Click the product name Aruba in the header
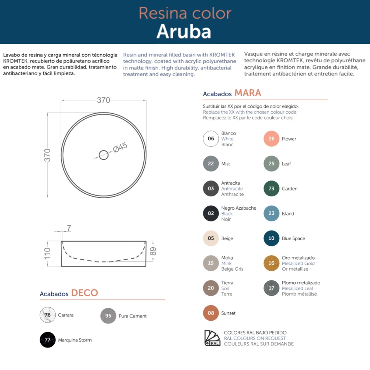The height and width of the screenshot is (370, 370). [184, 31]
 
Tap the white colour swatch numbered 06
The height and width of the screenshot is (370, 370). [211, 139]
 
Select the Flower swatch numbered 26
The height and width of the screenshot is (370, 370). [271, 139]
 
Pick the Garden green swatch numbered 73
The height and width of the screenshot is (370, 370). [271, 188]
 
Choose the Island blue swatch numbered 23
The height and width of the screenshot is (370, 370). [271, 213]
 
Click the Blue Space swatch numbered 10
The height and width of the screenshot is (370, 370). [271, 238]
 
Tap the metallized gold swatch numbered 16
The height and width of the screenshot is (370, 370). [271, 263]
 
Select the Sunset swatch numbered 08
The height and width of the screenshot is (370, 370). [211, 313]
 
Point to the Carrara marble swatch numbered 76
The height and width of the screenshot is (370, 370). [47, 315]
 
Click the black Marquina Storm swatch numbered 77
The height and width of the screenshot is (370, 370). [47, 340]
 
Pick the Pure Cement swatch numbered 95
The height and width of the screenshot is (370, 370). [108, 316]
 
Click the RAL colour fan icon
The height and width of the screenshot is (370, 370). [212, 338]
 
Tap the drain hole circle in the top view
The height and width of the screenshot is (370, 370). [104, 155]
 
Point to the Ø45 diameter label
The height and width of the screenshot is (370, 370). [120, 147]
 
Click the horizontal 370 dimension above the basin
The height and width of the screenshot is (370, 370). [103, 100]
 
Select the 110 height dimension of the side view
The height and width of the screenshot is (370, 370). [47, 253]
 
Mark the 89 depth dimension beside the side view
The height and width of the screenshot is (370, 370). [153, 251]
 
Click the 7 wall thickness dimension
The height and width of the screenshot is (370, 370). [69, 228]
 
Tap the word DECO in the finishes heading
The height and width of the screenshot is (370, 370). [84, 293]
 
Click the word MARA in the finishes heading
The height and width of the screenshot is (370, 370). [248, 93]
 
